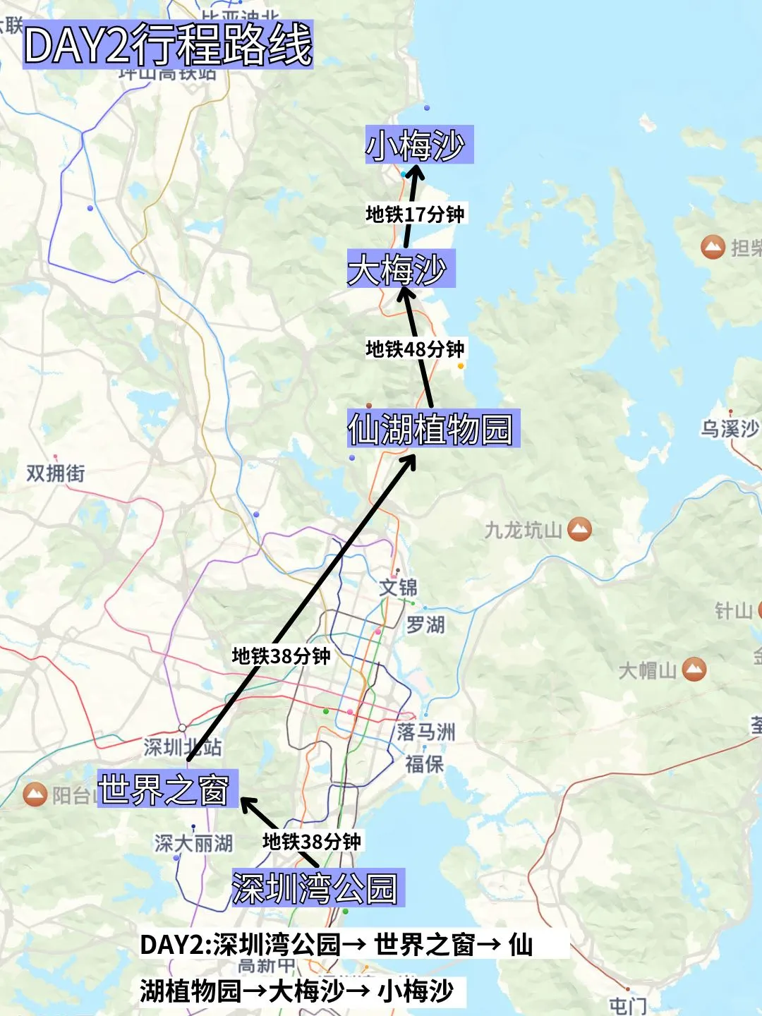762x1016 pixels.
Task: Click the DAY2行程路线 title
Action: click(168, 45)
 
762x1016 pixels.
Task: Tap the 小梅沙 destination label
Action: click(418, 145)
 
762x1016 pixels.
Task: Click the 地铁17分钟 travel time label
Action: click(415, 214)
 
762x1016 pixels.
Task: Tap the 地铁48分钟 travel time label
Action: click(415, 349)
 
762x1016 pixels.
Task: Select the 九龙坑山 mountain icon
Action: click(579, 528)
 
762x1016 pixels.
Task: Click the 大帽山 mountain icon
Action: click(694, 669)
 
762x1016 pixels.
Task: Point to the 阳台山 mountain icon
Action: click(35, 794)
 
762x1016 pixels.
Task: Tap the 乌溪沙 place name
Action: click(730, 428)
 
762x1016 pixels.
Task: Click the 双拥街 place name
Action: click(56, 473)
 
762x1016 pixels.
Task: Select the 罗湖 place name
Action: click(425, 624)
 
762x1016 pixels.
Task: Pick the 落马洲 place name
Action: click(425, 732)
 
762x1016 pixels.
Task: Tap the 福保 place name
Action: click(424, 763)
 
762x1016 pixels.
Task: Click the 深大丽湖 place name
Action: click(193, 843)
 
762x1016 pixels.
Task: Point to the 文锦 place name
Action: click(399, 587)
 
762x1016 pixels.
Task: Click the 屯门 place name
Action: click(627, 1005)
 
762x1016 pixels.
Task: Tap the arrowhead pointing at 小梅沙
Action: click(416, 174)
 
